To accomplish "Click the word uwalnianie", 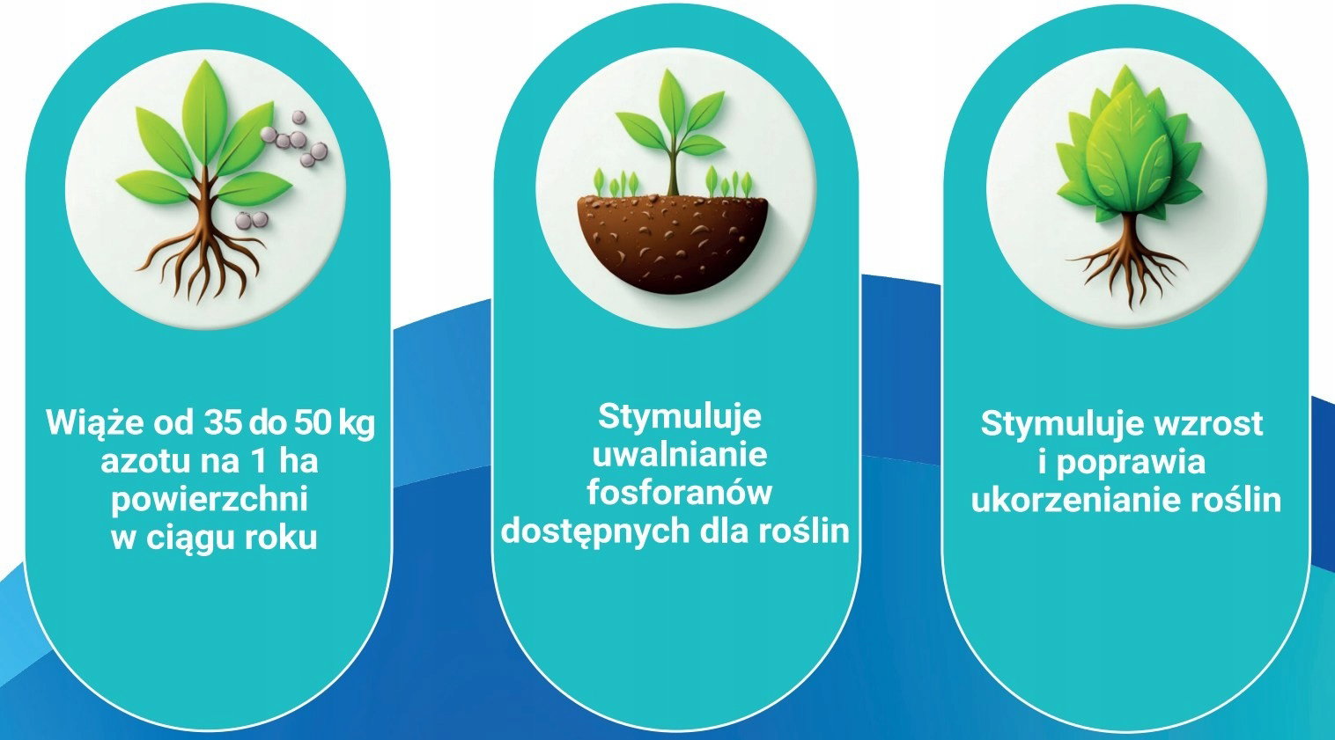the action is point(680,455).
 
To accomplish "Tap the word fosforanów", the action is point(680,493).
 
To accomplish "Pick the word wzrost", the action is point(1209,424).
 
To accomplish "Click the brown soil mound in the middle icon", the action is point(673,243).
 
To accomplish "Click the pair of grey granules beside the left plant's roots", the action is point(252,220).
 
